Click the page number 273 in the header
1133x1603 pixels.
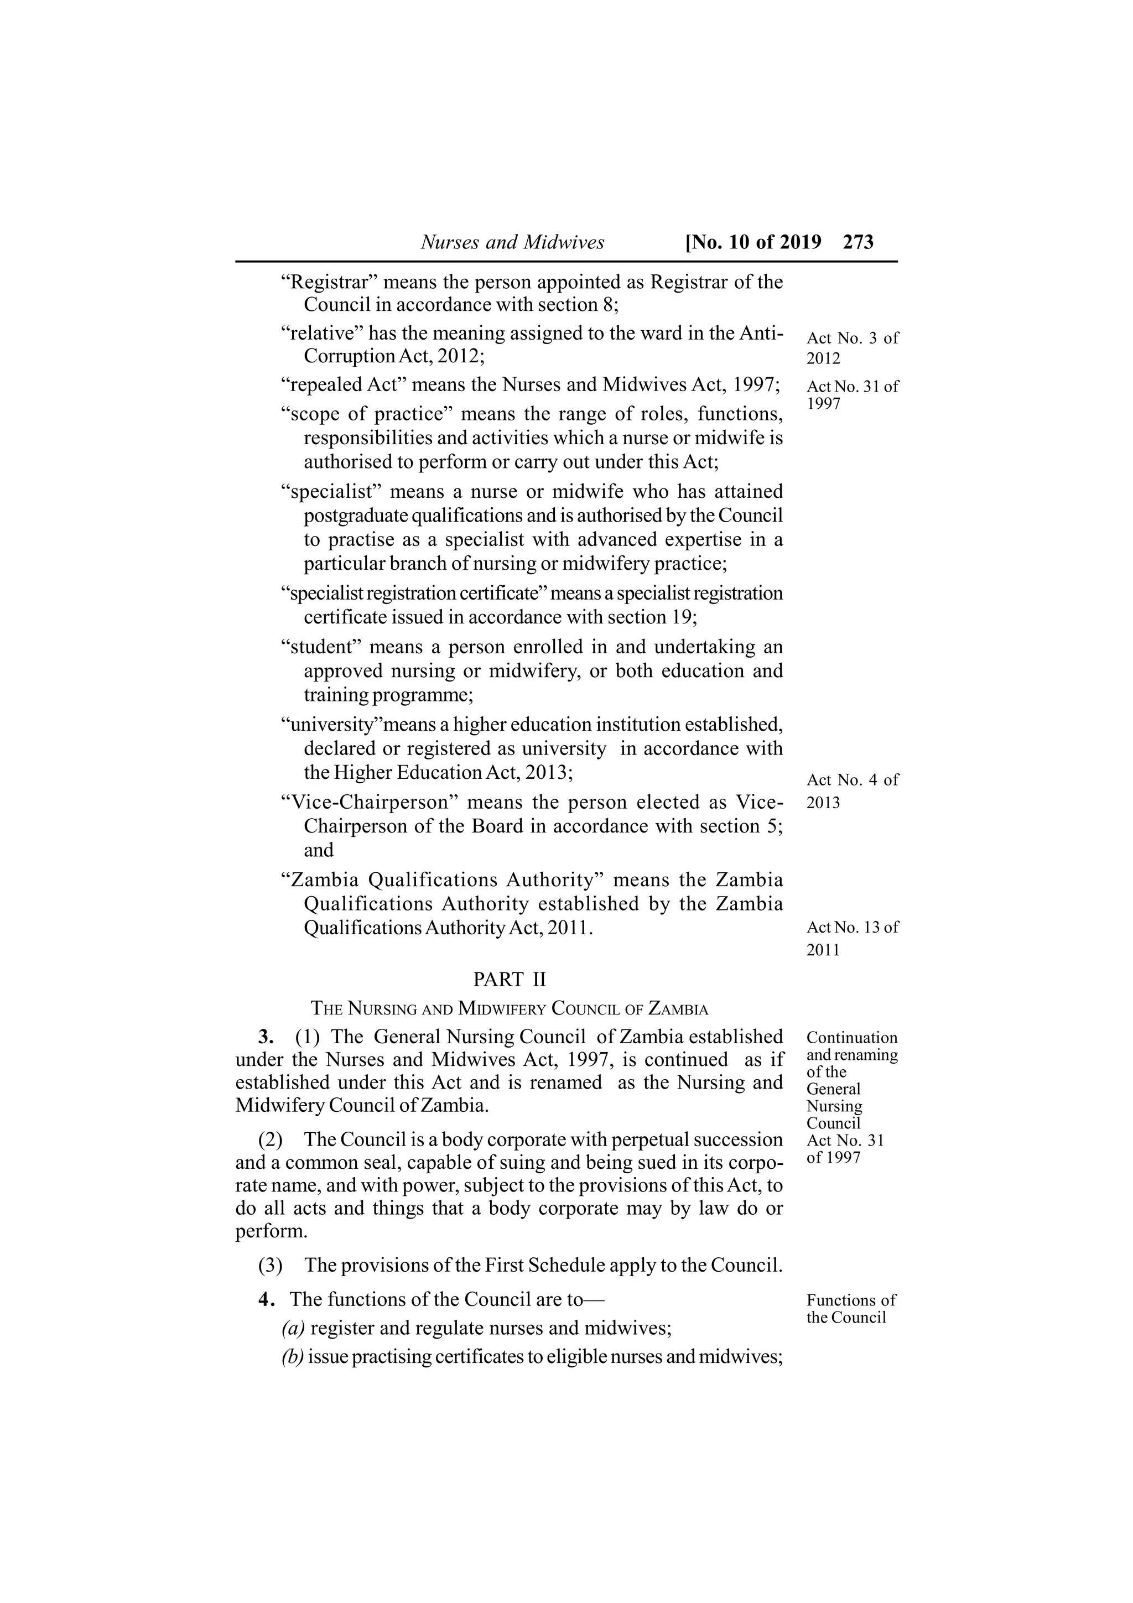(858, 242)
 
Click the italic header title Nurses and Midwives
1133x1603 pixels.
(512, 242)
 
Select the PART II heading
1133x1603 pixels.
(510, 980)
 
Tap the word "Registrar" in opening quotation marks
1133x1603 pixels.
(329, 282)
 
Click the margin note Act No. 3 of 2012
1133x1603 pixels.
(853, 348)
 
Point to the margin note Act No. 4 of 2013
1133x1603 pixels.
(853, 790)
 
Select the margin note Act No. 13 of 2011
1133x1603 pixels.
(853, 938)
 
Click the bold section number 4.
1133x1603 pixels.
(266, 1299)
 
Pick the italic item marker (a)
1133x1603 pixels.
(293, 1328)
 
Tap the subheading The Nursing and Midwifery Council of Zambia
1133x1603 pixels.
(510, 1009)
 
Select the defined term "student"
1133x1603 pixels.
(320, 647)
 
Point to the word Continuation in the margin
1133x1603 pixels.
(851, 1038)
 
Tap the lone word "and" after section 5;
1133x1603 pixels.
(318, 850)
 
